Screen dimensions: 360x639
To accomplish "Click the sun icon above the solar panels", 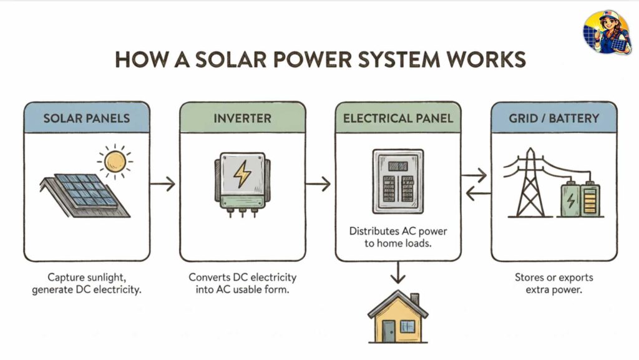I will pyautogui.click(x=115, y=161).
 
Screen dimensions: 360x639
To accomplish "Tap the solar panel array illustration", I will pyautogui.click(x=86, y=196).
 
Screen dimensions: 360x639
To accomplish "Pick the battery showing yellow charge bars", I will pyautogui.click(x=590, y=199).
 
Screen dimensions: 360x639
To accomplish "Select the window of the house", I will pyautogui.click(x=407, y=326).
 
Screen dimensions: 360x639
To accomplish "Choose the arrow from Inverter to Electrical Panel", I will pyautogui.click(x=320, y=183).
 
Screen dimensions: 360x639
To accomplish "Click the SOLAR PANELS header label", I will pyautogui.click(x=86, y=118).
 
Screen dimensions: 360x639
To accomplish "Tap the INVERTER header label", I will pyautogui.click(x=242, y=118).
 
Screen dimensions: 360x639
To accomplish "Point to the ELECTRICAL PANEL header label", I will pyautogui.click(x=398, y=118).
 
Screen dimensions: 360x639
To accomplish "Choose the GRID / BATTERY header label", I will pyautogui.click(x=554, y=118).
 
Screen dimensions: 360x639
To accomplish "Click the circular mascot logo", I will pyautogui.click(x=607, y=32).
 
